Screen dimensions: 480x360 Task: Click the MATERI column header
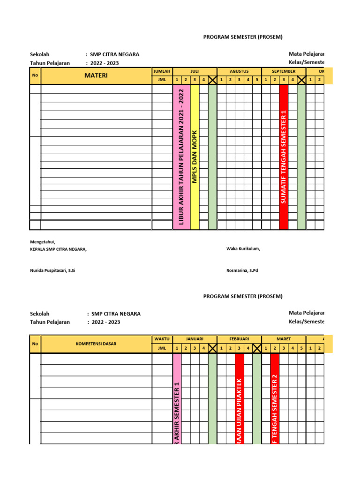96,75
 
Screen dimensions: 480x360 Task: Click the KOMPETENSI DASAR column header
96,344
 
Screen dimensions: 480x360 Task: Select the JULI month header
195,71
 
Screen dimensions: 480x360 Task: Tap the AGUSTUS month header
239,71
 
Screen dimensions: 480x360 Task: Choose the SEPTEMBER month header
284,71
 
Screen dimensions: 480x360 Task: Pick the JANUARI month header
195,339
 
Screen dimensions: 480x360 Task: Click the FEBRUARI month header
239,339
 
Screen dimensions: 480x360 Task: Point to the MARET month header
284,339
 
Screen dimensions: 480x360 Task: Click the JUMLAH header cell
162,71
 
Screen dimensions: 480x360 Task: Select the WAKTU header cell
162,339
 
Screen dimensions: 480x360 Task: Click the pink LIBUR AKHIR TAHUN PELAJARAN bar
181,157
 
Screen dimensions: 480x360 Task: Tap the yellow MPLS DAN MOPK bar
195,157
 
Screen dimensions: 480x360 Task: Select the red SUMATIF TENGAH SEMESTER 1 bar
284,157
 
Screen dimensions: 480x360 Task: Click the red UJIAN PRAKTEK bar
239,398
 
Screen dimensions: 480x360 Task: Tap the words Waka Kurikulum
243,249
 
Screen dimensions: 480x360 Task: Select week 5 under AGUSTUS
257,80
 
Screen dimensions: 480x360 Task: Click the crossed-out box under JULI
212,80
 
